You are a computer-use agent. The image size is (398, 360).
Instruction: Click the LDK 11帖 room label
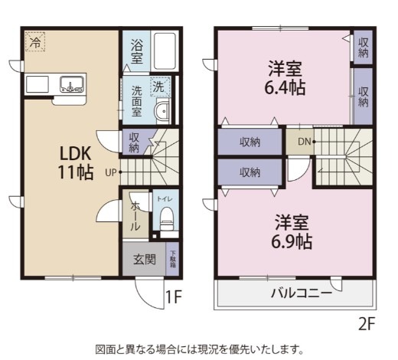(74, 161)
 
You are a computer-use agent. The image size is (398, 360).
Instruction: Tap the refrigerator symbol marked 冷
(35, 42)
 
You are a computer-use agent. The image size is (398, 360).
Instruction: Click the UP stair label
(110, 172)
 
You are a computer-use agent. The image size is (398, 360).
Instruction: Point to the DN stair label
(304, 141)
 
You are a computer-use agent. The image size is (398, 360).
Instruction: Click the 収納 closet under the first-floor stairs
(134, 142)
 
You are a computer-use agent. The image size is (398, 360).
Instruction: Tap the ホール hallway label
(135, 217)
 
